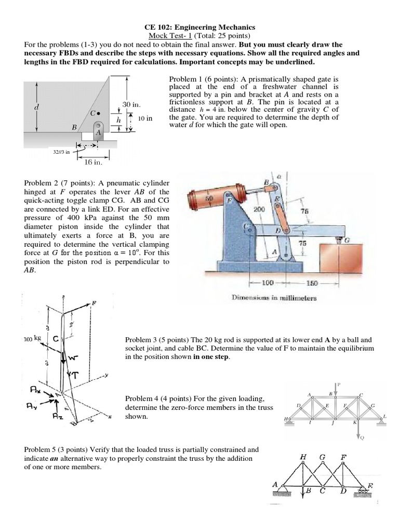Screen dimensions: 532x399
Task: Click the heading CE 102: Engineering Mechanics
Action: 199,27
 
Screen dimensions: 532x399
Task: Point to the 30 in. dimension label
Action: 132,104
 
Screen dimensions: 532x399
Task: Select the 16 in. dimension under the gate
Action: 94,163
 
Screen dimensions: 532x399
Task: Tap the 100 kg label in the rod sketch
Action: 32,339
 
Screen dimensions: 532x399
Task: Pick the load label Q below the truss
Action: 362,437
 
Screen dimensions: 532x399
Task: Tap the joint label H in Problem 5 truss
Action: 303,457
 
